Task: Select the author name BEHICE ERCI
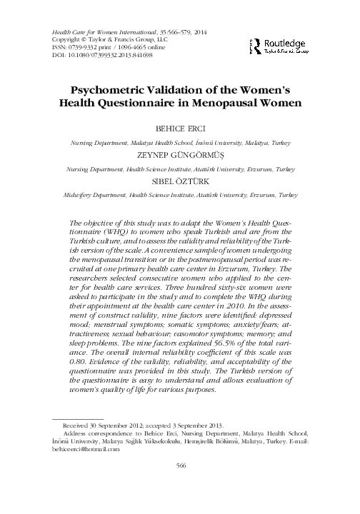coord(180,131)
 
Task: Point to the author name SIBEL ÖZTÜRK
coord(180,181)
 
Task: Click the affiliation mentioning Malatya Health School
coord(180,143)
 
